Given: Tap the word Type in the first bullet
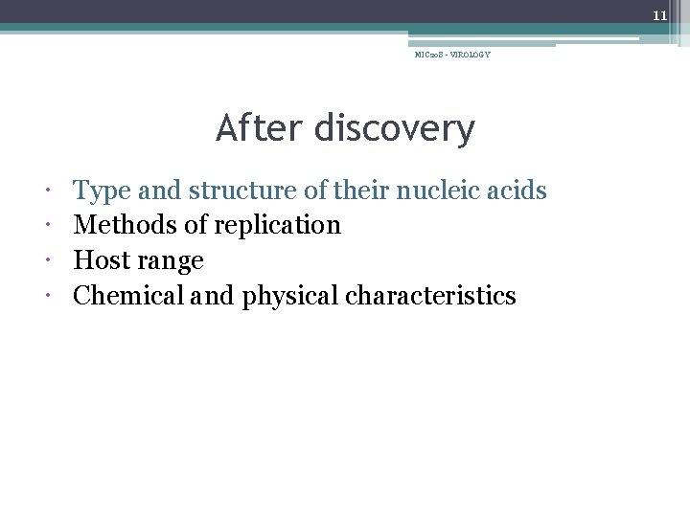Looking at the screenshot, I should (103, 191).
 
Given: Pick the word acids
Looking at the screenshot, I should (517, 191).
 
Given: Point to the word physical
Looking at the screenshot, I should (290, 297).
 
